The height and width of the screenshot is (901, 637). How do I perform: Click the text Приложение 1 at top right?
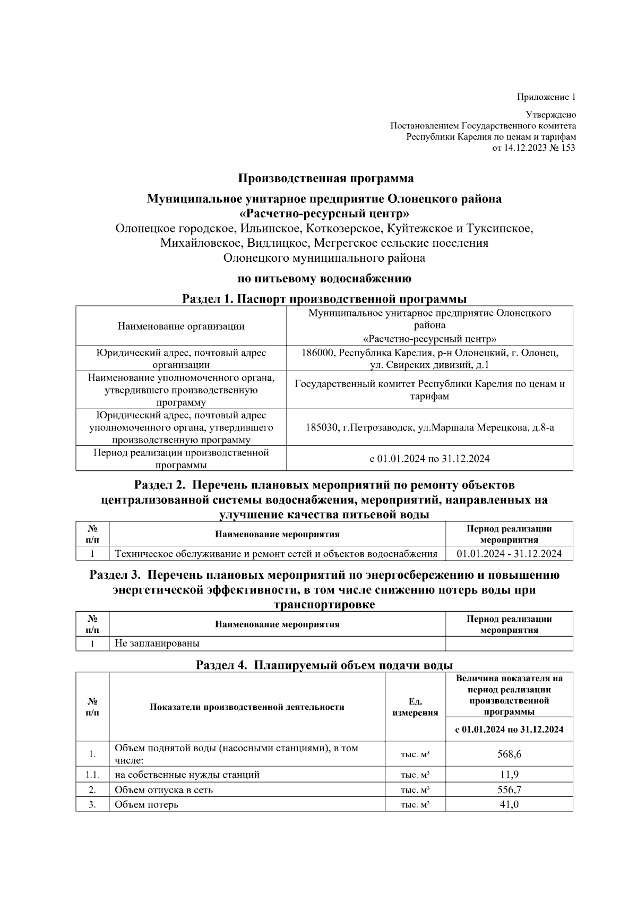(546, 97)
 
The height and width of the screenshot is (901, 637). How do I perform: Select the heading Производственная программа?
(325, 178)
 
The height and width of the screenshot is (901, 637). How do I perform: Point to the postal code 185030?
(322, 427)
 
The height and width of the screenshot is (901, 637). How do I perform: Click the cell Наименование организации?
(181, 326)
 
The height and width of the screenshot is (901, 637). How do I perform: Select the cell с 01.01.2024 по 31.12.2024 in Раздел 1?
(429, 458)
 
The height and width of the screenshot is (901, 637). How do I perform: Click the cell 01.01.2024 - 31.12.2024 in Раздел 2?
(509, 554)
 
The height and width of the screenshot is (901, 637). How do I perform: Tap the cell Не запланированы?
(157, 643)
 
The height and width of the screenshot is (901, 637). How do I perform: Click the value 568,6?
(509, 754)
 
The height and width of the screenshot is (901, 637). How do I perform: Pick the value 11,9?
(509, 774)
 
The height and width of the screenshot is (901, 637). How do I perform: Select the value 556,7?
(509, 790)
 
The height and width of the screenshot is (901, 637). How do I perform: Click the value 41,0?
(509, 804)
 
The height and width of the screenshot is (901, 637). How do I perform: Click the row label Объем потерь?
(147, 804)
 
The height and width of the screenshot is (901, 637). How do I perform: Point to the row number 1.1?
(92, 774)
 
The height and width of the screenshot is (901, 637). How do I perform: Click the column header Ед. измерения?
(415, 707)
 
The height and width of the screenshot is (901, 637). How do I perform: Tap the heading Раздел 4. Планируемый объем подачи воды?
(324, 665)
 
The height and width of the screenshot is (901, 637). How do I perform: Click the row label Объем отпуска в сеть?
(163, 790)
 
